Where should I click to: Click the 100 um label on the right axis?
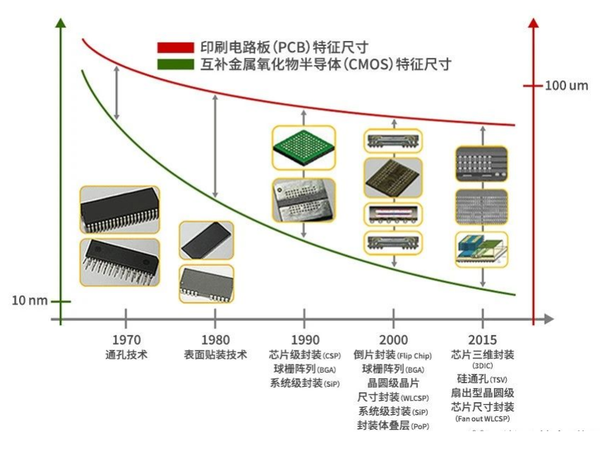(566, 86)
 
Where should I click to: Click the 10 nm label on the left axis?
(30, 301)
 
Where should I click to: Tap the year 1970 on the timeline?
(126, 340)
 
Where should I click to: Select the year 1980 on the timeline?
(215, 340)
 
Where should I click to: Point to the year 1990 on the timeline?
(304, 340)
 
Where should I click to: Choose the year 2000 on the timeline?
(393, 340)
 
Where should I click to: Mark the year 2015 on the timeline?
(483, 340)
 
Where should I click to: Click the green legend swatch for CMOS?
(175, 65)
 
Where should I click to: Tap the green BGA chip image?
(304, 149)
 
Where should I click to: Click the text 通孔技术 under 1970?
(126, 355)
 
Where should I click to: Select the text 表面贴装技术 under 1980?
(215, 355)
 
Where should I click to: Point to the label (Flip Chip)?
(414, 356)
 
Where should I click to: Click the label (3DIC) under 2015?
(483, 366)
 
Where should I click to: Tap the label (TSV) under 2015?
(499, 380)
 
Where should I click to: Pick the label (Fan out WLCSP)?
(483, 418)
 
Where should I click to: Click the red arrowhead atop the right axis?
(534, 22)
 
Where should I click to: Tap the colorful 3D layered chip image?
(482, 249)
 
